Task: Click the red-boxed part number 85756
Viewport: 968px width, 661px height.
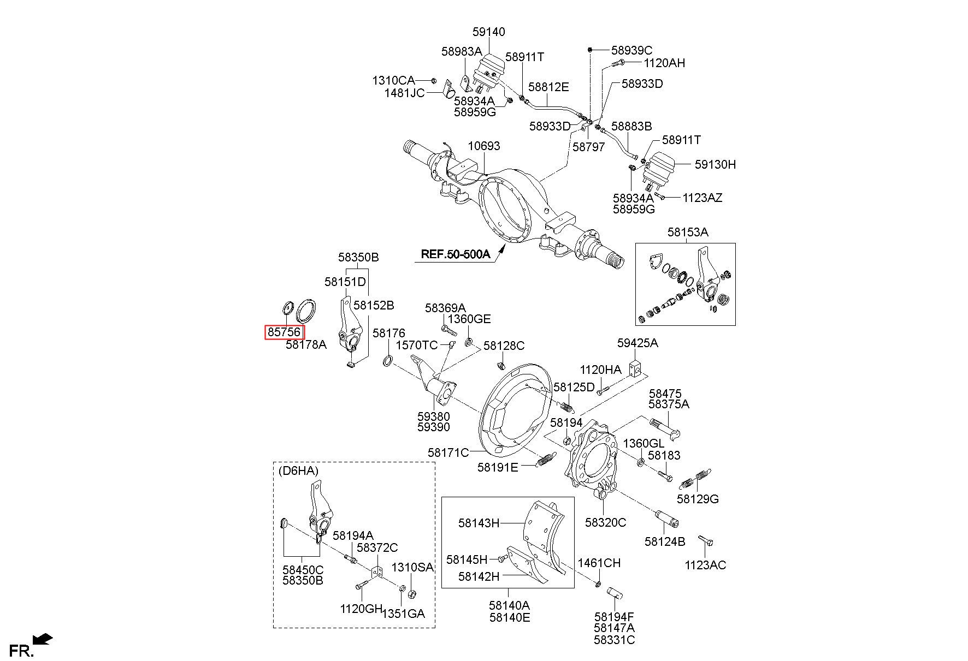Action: [x=284, y=332]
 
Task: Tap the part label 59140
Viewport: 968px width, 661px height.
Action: [x=488, y=32]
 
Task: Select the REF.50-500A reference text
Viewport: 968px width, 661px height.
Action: [x=455, y=254]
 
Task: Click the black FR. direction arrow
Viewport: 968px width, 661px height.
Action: [x=43, y=638]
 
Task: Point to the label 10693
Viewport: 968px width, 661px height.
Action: [x=483, y=146]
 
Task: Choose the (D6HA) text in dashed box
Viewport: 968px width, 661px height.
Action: [x=298, y=470]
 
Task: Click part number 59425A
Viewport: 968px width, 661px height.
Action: [x=638, y=343]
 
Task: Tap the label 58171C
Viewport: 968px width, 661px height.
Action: [x=448, y=452]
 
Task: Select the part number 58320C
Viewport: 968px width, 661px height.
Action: [x=605, y=522]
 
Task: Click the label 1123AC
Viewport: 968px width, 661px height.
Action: [x=705, y=565]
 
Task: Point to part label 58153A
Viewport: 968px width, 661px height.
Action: [x=688, y=232]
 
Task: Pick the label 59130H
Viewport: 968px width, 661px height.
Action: [x=715, y=164]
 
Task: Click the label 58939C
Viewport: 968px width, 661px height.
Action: [x=632, y=50]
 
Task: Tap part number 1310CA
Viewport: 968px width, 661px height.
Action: [x=393, y=81]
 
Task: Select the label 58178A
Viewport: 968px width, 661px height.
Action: [x=306, y=344]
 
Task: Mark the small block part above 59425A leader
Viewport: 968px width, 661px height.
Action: [x=635, y=370]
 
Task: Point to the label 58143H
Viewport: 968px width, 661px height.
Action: [x=479, y=523]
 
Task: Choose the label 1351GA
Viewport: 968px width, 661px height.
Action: [x=404, y=614]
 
